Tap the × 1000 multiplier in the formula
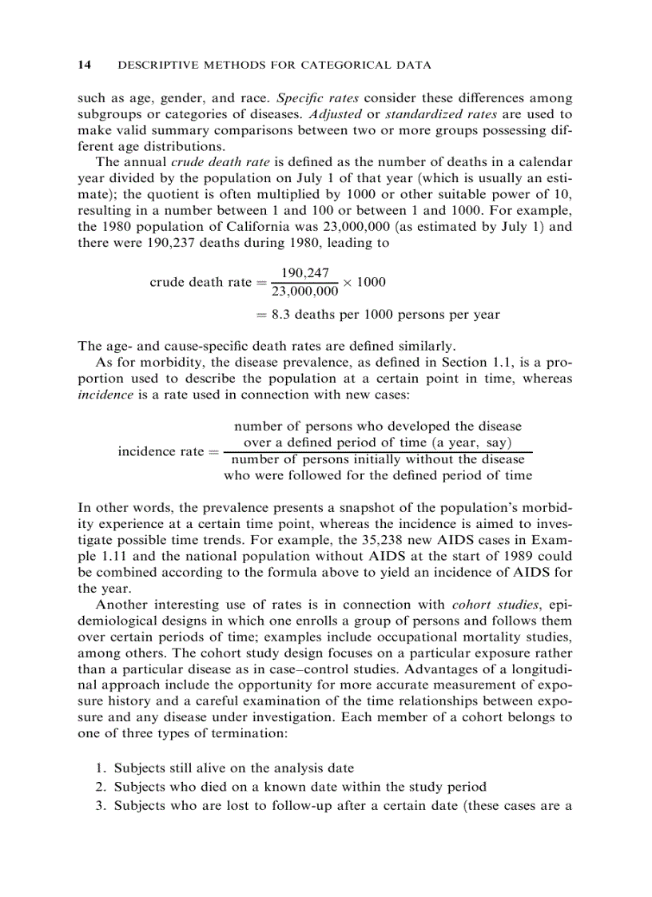[x=366, y=282]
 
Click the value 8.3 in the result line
[x=280, y=315]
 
